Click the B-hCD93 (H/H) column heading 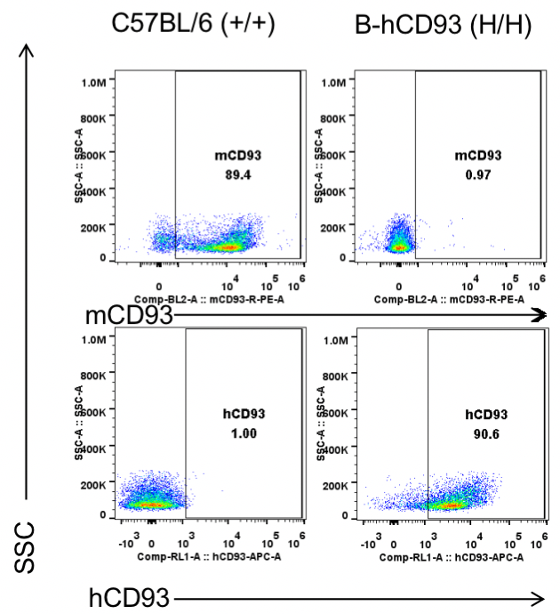(x=443, y=26)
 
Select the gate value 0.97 (x=477, y=174)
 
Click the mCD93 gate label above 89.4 (x=238, y=157)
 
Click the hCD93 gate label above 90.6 (x=485, y=414)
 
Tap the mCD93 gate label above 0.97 (x=477, y=157)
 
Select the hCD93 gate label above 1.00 (x=243, y=414)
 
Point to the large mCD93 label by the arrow (x=129, y=315)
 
